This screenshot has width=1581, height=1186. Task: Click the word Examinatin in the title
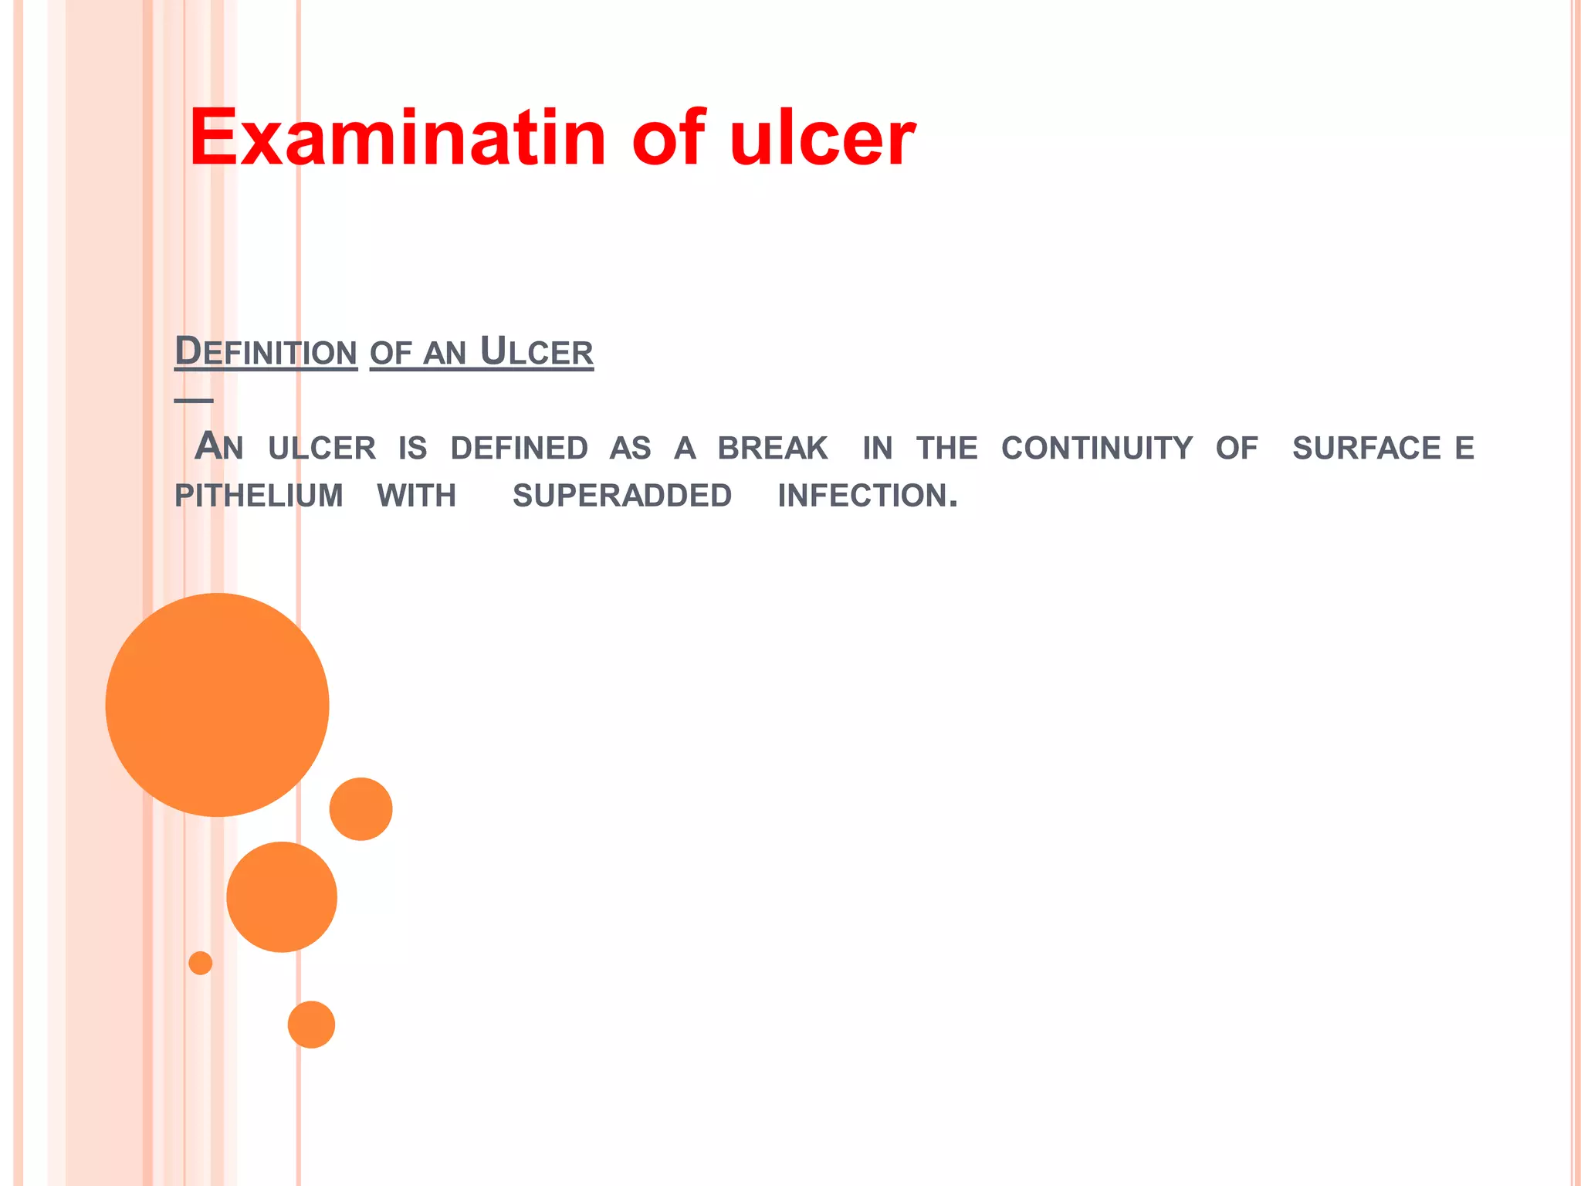coord(398,138)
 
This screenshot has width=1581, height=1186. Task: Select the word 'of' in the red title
coord(669,138)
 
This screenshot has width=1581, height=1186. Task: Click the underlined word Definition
coord(266,352)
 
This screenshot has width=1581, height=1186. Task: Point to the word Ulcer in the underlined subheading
coord(537,352)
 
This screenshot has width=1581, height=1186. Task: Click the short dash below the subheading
coord(194,400)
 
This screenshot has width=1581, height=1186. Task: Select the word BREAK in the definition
coord(773,448)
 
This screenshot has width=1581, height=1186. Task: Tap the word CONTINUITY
coord(1097,448)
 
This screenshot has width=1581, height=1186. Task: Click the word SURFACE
coord(1366,448)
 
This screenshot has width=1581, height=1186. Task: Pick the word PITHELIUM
coord(259,496)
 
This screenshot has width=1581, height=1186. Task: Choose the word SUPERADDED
coord(622,496)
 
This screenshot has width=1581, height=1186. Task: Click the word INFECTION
coord(867,496)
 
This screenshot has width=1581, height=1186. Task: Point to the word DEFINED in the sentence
coord(519,448)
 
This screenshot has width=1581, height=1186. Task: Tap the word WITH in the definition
coord(417,496)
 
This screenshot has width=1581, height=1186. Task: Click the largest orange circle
coord(218,705)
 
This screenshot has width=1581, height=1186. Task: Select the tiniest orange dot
coord(201,963)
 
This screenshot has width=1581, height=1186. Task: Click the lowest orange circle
coord(311,1025)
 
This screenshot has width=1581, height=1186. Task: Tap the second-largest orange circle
coord(282,897)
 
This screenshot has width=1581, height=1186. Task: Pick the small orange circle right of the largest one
coord(361,809)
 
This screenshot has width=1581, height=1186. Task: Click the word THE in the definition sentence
coord(947,448)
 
